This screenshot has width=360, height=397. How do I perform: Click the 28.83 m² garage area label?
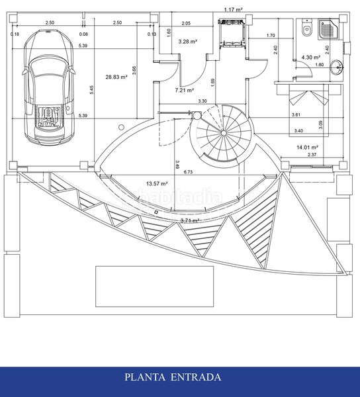click(x=116, y=77)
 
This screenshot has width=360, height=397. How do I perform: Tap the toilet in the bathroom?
click(x=307, y=28)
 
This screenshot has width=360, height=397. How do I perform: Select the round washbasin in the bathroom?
click(x=337, y=67)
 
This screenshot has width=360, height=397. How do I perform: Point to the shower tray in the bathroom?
click(x=329, y=29)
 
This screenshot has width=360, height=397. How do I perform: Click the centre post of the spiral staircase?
click(x=224, y=133)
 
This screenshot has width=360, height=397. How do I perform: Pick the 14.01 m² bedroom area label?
click(x=307, y=147)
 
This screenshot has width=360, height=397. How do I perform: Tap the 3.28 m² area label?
click(x=188, y=42)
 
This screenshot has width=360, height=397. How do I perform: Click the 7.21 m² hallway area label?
click(x=185, y=90)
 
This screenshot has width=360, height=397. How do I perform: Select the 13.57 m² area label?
click(x=157, y=183)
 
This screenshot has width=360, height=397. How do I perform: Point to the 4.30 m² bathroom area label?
click(x=311, y=58)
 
